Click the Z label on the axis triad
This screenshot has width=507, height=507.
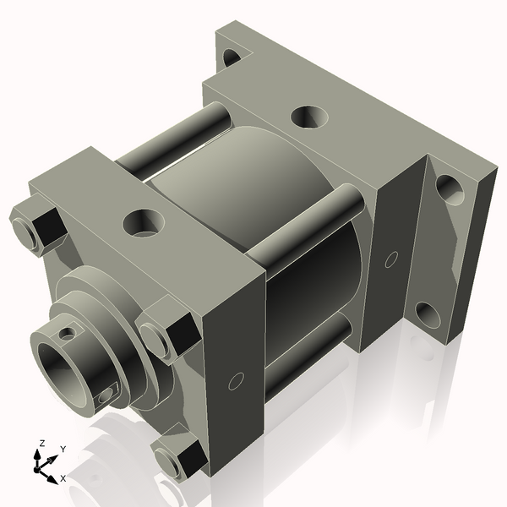click(42, 443)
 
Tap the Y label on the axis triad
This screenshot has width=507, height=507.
click(63, 450)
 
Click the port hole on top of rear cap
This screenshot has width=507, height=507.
click(308, 116)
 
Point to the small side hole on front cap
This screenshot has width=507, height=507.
click(237, 381)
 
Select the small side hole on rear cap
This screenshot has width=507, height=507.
click(390, 259)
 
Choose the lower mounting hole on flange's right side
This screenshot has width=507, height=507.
click(428, 316)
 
